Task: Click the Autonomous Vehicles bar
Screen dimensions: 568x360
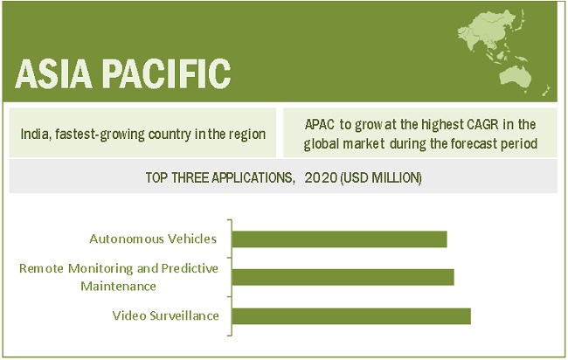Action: (339, 239)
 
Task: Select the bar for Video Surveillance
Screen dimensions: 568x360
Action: (351, 315)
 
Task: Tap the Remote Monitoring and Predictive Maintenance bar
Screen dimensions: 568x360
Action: (343, 277)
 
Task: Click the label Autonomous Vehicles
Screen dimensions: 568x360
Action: (153, 239)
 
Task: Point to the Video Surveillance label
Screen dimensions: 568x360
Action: (165, 315)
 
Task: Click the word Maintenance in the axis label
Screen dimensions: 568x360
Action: (118, 287)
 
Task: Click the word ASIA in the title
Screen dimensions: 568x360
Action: (53, 74)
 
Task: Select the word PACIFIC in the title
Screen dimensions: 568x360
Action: (168, 74)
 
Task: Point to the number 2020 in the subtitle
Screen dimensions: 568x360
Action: (321, 178)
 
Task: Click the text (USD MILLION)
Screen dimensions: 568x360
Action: (381, 178)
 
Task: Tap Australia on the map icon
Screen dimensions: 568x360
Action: (515, 78)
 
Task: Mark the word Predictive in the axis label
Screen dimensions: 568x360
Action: (190, 268)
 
